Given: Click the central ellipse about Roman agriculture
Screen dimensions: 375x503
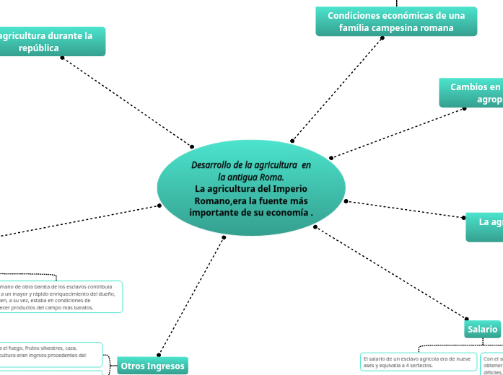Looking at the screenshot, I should [251, 187].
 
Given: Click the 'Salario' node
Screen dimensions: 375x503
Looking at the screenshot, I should [482, 329].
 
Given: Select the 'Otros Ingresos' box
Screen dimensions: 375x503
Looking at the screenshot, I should [152, 366].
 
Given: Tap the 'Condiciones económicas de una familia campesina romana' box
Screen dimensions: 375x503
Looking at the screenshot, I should [396, 22].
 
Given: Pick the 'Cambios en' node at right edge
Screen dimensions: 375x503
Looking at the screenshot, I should [473, 93].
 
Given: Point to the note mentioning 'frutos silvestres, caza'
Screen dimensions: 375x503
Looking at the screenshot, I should [51, 351].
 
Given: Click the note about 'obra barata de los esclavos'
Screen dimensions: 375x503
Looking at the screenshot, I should [61, 296].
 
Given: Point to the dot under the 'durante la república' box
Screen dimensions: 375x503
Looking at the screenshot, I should [62, 57].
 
